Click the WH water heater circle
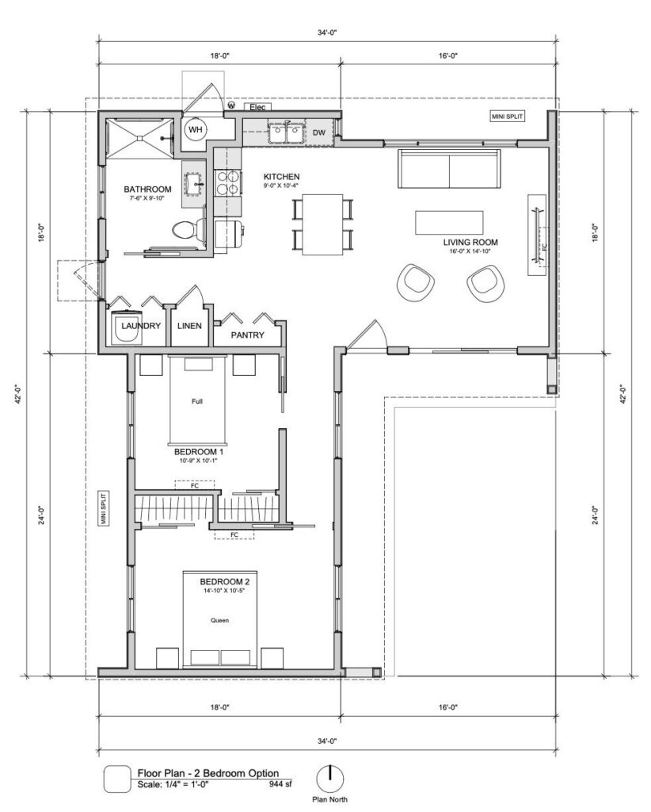click(195, 131)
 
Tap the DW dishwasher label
click(319, 132)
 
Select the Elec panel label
click(257, 106)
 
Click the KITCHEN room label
click(282, 176)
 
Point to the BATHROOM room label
click(147, 190)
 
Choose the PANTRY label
click(246, 335)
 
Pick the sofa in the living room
click(450, 169)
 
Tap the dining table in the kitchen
click(322, 224)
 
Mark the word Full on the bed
click(197, 402)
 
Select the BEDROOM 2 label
click(225, 582)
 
